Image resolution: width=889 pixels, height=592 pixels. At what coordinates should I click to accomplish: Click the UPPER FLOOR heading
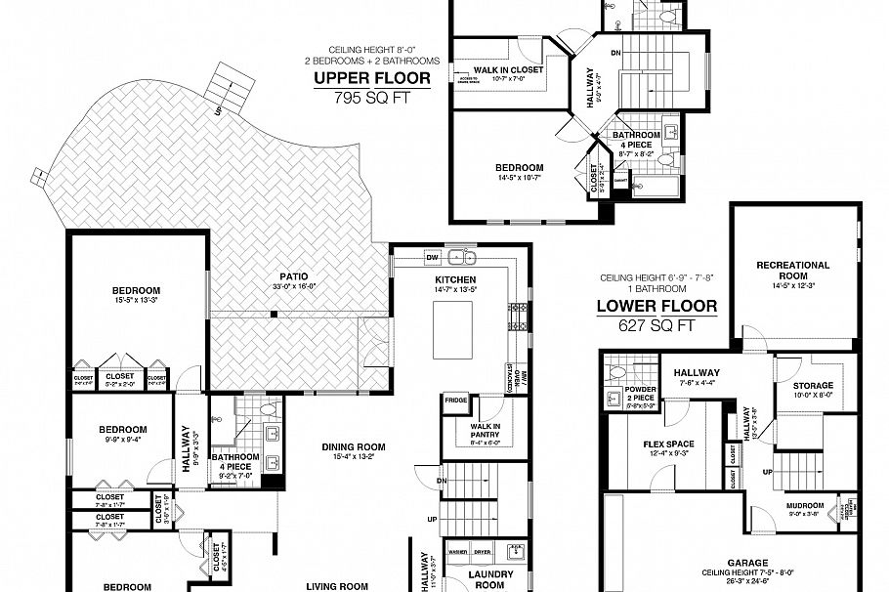[x=374, y=78]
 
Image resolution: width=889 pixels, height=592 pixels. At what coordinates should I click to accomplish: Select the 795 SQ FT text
[x=374, y=97]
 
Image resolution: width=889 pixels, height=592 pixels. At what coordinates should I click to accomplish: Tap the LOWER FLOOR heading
[x=656, y=306]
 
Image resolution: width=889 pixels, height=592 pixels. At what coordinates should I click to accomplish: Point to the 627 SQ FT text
[x=656, y=325]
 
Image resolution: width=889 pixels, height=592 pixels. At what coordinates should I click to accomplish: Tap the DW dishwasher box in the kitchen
[x=433, y=257]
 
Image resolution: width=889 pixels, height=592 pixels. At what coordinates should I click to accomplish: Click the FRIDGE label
[x=455, y=400]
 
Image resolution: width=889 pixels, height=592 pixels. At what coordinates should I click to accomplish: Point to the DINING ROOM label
[x=354, y=447]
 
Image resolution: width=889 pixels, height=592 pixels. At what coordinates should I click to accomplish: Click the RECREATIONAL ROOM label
[x=792, y=271]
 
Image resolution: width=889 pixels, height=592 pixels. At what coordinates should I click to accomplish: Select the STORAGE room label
[x=812, y=386]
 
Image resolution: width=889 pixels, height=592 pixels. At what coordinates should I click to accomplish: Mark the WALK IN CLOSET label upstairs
[x=508, y=70]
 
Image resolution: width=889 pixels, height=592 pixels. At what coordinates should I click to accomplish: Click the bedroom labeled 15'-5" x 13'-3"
[x=136, y=291]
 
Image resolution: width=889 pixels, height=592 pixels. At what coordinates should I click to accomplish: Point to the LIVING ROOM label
[x=338, y=586]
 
